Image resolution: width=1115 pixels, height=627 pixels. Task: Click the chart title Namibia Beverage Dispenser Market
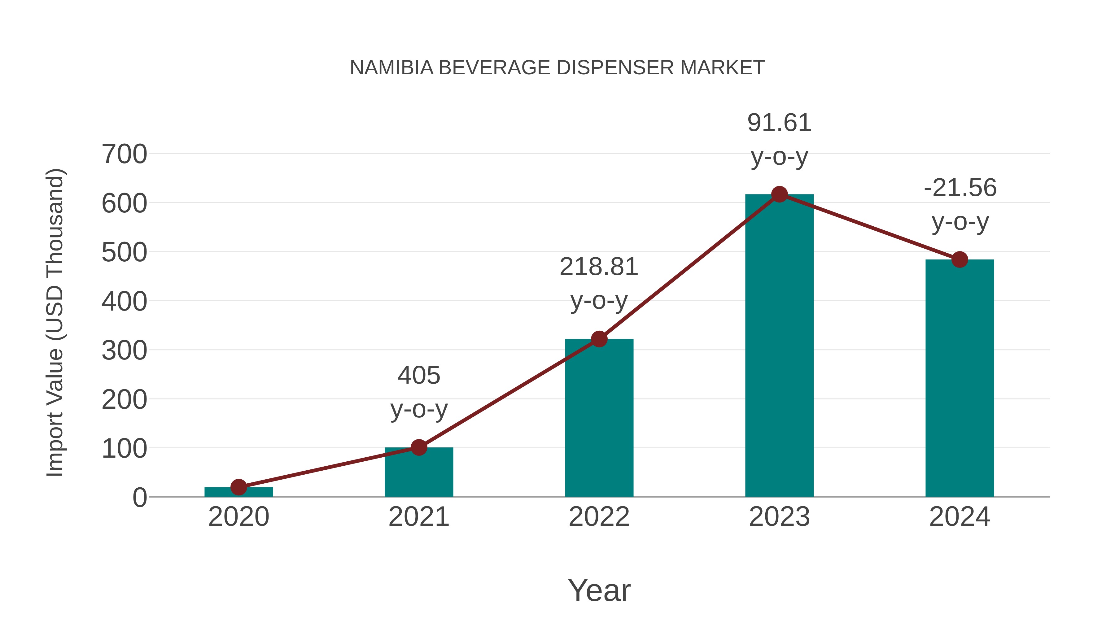(x=557, y=68)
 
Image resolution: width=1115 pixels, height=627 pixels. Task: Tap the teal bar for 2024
(x=959, y=381)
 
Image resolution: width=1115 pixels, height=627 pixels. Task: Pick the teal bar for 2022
(x=599, y=420)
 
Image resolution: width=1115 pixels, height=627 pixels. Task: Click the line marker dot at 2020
(x=238, y=487)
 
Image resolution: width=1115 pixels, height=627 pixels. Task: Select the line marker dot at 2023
(x=779, y=194)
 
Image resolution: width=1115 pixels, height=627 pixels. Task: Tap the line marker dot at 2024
(x=960, y=260)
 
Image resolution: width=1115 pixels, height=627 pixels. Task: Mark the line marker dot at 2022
(x=599, y=339)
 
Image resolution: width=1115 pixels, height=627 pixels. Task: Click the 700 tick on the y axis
(x=124, y=155)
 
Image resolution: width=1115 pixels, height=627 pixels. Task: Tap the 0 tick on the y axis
(x=139, y=498)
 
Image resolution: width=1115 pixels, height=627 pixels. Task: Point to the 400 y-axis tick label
(x=124, y=302)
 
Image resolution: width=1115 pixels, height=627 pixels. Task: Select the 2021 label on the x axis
(x=418, y=517)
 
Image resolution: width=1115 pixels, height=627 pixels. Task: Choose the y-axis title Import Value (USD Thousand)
(x=55, y=322)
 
